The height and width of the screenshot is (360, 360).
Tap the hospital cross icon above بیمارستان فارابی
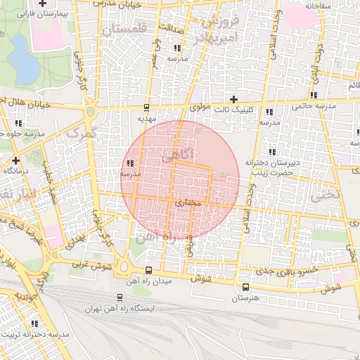41,4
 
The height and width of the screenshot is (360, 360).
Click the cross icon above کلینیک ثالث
234,100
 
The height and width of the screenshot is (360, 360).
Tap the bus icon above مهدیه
146,108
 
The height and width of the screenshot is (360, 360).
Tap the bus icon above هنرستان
245,288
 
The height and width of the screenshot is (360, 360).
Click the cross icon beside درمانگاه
16,160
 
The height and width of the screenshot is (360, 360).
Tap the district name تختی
345,193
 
